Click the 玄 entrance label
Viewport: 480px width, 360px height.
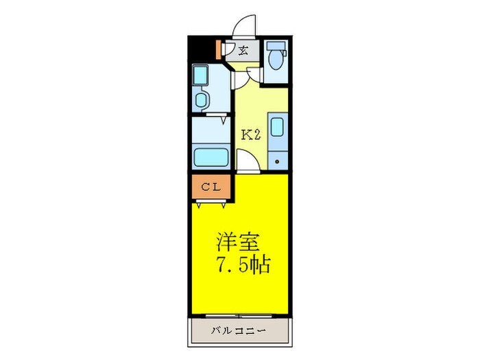click(243, 50)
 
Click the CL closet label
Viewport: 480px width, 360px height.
click(211, 186)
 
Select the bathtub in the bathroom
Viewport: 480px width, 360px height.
click(211, 157)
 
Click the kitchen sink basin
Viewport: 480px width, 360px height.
click(277, 128)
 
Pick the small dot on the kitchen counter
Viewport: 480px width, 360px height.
click(277, 162)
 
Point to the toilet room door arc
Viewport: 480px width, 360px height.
click(254, 75)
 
